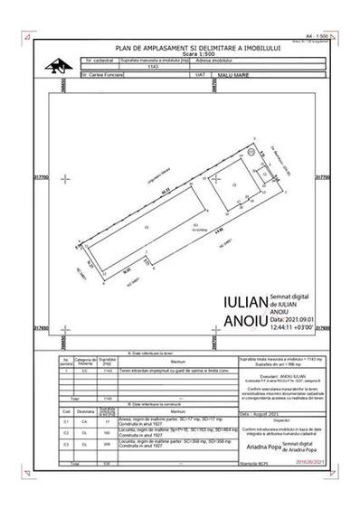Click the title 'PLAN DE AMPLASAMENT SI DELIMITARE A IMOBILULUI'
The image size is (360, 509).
coord(182,42)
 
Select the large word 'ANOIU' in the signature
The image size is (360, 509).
coord(244,318)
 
